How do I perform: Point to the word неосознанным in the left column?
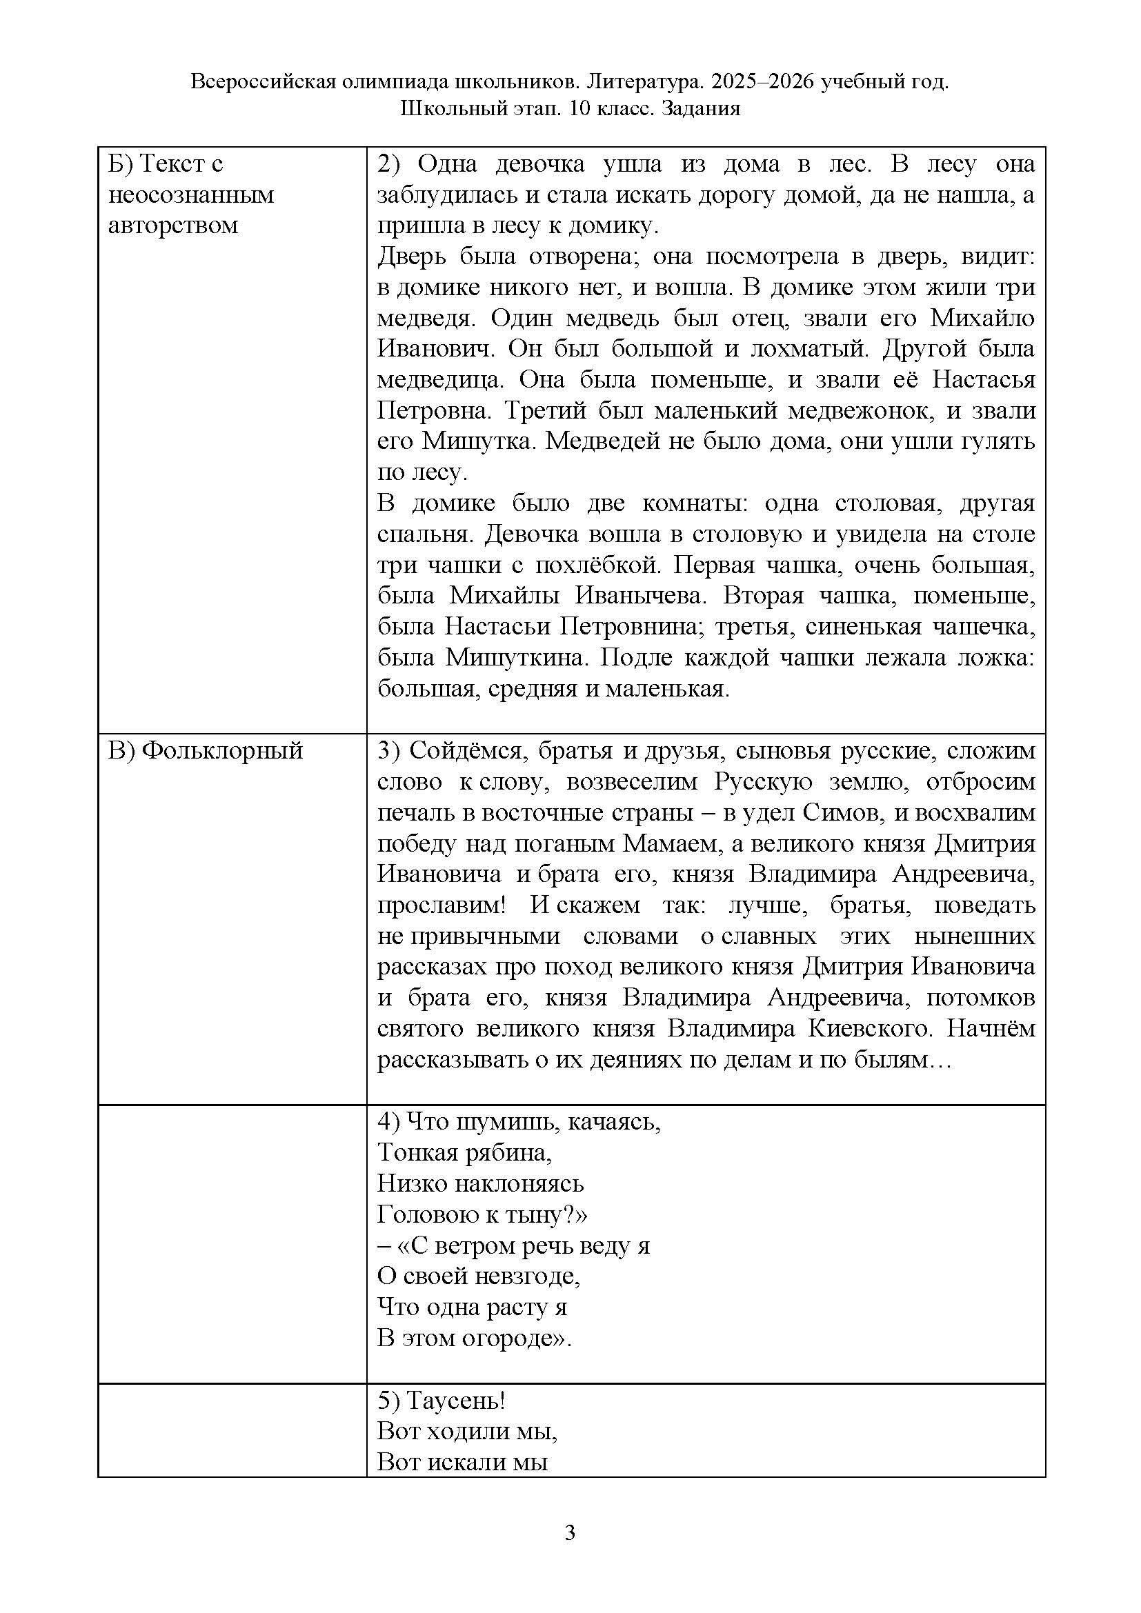pyautogui.click(x=191, y=194)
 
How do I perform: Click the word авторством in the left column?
pyautogui.click(x=173, y=226)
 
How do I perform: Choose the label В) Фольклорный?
pyautogui.click(x=205, y=751)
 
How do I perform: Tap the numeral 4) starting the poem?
pyautogui.click(x=388, y=1122)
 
